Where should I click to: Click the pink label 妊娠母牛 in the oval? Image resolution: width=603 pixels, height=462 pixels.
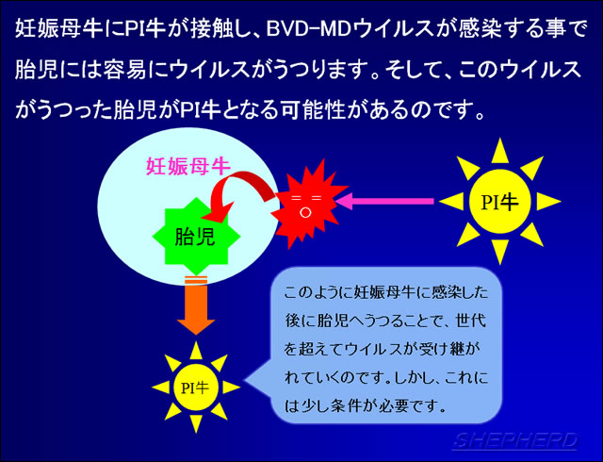pos(188,167)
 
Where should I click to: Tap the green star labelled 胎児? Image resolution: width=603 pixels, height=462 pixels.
pos(196,237)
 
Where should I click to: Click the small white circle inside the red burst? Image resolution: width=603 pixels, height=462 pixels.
pos(305,212)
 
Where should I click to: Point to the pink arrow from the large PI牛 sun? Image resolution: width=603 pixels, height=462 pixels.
pos(384,201)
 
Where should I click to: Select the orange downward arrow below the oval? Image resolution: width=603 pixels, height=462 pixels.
pos(196,305)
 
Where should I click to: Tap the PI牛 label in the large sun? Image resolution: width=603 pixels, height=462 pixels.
pos(500,202)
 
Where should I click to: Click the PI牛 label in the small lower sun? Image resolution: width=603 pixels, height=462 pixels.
pos(195,388)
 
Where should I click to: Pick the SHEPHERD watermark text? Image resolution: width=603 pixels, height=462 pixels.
pos(515,440)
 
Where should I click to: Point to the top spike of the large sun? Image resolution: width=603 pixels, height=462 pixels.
pos(500,150)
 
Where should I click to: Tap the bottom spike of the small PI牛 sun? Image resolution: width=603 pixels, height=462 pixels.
pos(196,423)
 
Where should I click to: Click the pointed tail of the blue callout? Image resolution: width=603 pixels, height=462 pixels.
pos(246,382)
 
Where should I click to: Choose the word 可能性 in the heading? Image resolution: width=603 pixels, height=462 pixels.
pos(312,111)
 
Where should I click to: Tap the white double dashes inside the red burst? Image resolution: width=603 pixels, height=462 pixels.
pos(306,198)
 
